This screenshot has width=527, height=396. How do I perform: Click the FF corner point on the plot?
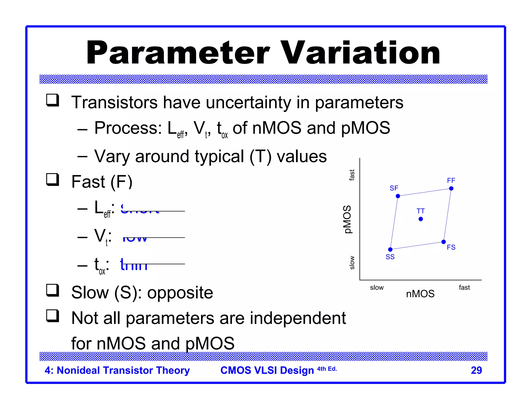coord(451,188)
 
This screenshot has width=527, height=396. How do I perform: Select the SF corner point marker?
coord(398,196)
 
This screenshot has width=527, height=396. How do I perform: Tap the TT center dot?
coord(421,219)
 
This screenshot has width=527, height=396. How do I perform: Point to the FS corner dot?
coord(444,242)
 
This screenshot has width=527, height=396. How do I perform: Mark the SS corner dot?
coord(390,249)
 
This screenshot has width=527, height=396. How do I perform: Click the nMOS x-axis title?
coord(420,294)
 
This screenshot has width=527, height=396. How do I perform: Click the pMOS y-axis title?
coord(347,219)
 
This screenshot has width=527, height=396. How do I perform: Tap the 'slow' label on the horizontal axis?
coord(377,287)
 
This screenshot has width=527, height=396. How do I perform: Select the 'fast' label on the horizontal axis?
coord(464,287)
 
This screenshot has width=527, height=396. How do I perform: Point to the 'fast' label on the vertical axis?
coord(352,175)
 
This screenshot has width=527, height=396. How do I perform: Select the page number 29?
coord(476,370)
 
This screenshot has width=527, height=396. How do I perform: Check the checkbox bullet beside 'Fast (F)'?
coord(52,179)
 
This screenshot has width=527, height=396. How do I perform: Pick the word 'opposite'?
coord(180,293)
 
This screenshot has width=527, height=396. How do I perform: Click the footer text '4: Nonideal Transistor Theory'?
coord(117,370)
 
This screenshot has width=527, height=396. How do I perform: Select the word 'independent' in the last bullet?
coord(298,318)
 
